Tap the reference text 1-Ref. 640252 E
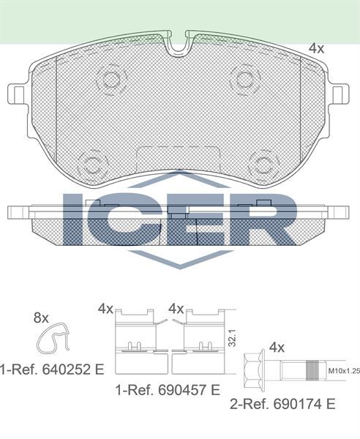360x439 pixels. (51, 369)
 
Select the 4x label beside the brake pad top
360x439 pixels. (316, 49)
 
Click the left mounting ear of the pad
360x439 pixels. (18, 93)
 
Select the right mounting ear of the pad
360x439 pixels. (340, 93)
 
